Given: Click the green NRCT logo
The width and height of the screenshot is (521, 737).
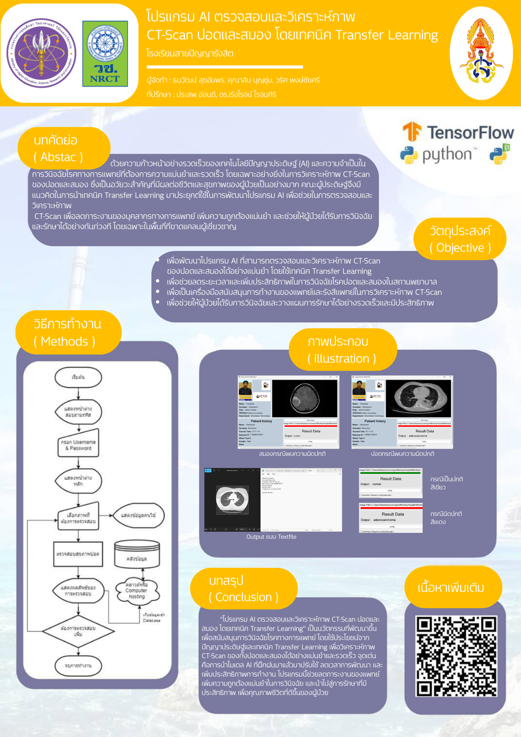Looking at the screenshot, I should pos(105,54).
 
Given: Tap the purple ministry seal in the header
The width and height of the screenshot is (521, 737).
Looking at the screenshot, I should pos(41,53).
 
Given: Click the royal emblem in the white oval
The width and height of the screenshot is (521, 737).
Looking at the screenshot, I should pos(481,53).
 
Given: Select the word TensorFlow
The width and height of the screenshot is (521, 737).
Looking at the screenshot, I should pos(470,133).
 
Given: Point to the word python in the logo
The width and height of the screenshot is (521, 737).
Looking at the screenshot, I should pos(447,155).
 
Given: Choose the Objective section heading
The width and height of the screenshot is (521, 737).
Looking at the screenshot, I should pos(460,239).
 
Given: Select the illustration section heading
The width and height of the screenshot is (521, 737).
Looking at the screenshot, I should pos(342,350).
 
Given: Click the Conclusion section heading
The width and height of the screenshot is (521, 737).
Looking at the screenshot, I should pos(243,588).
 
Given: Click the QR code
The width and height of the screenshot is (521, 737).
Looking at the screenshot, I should pos(456,656).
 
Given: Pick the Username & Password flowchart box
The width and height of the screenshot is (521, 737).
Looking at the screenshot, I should pos(78,445).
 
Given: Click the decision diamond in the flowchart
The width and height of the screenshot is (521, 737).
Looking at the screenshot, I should pos(78,631).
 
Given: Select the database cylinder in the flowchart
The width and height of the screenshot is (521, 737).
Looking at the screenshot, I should pos(137,554).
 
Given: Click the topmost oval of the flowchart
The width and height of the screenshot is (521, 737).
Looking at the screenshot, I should pos(78,377).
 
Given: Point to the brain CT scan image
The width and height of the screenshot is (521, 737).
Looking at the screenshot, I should pos(305,399).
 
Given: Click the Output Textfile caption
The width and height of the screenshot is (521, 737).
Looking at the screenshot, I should pos(271,537).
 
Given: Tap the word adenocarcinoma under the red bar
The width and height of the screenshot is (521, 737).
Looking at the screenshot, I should pos(384,520).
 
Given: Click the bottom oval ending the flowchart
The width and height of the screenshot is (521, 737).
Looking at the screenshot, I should pos(78,666).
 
